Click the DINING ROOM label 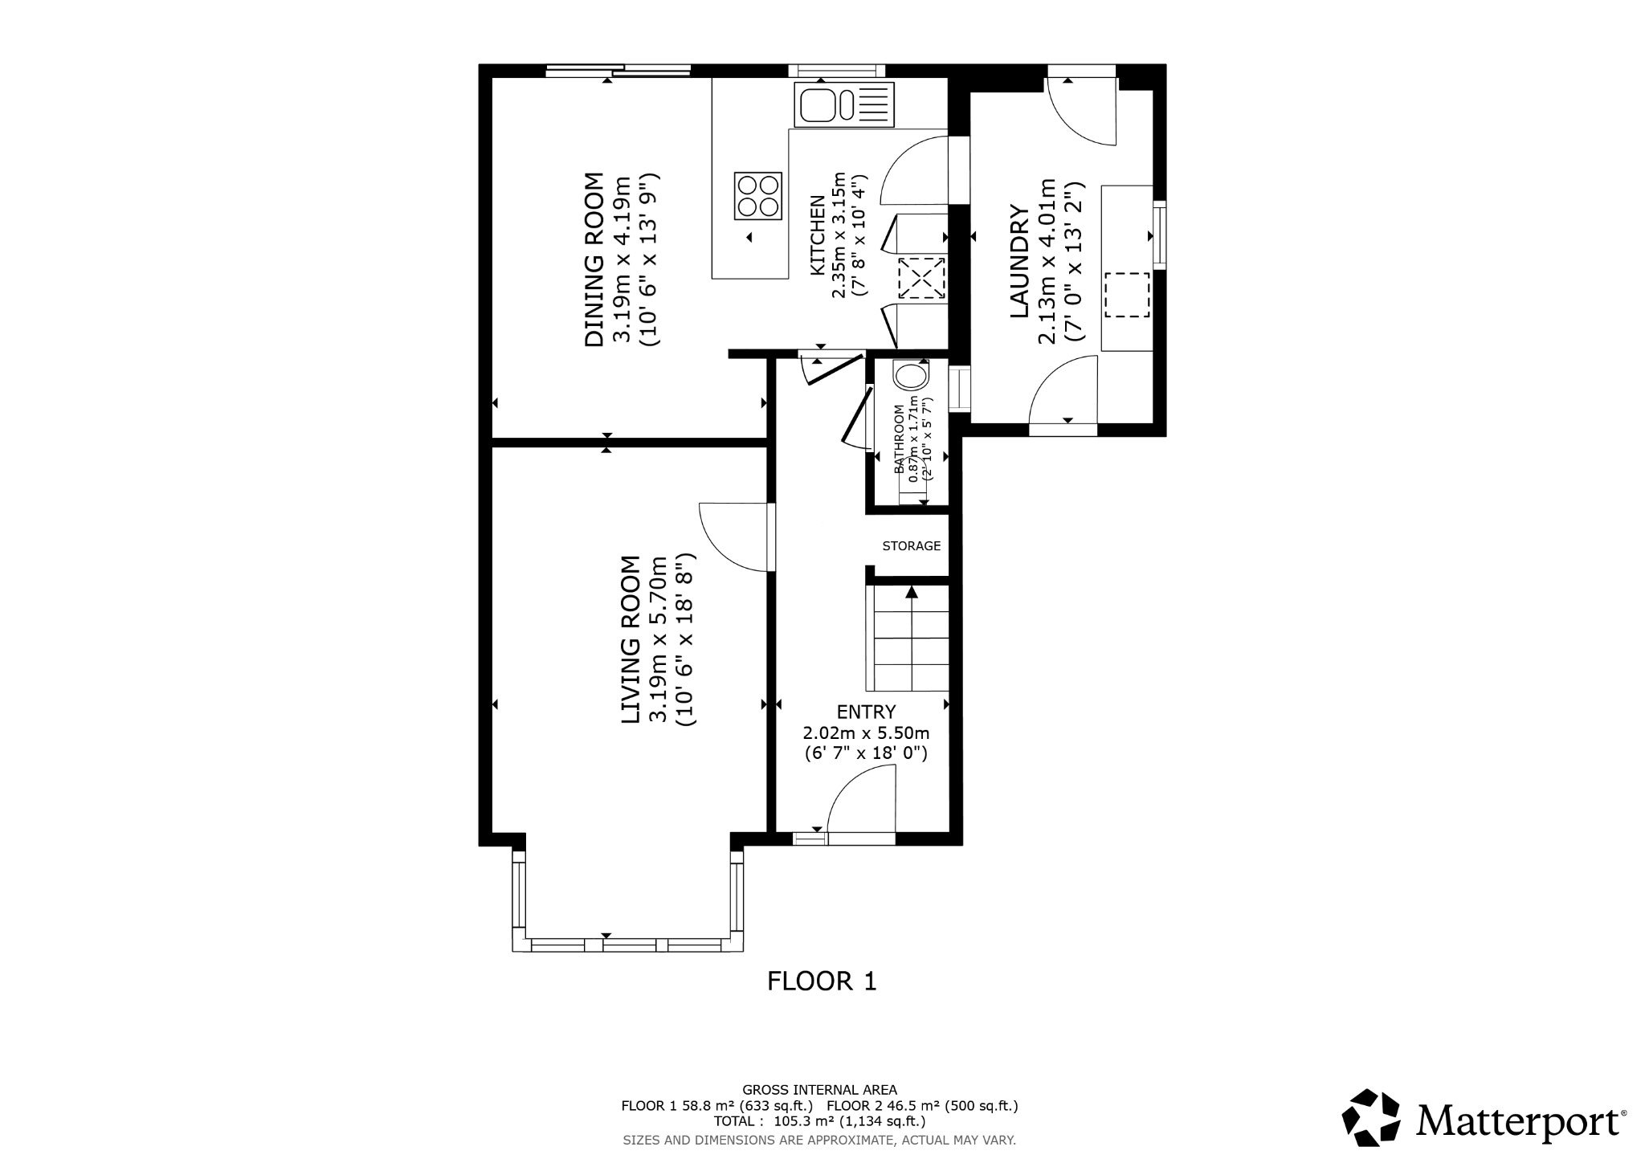click(x=594, y=259)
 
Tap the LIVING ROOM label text click(x=631, y=640)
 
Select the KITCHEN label click(x=817, y=235)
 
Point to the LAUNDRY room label click(x=1018, y=261)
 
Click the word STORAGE click(x=911, y=546)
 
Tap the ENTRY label click(x=866, y=712)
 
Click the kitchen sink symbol click(x=843, y=104)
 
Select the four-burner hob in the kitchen click(x=758, y=195)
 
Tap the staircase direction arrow click(x=912, y=593)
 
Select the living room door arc click(x=733, y=537)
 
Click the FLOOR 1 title click(x=822, y=981)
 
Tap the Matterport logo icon click(x=1373, y=1117)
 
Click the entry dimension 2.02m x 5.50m click(x=866, y=733)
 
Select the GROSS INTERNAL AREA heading click(x=819, y=1090)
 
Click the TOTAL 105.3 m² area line click(x=819, y=1121)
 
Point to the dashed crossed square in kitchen click(x=920, y=279)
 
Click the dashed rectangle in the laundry click(x=1127, y=295)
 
